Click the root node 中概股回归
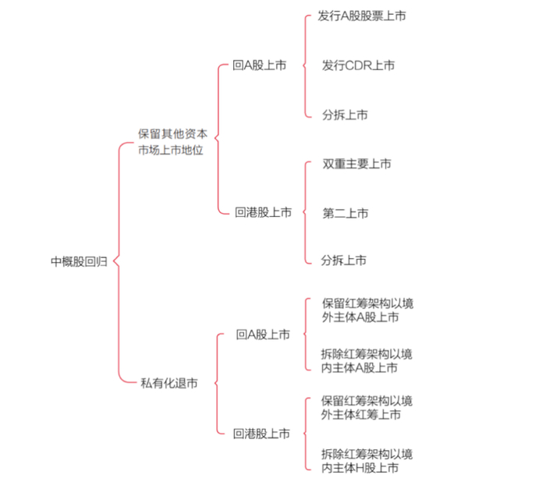[80, 262]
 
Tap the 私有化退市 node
[168, 383]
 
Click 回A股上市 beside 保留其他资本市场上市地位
[259, 66]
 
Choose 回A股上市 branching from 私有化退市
[263, 335]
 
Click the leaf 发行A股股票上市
[362, 16]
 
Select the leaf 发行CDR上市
[358, 66]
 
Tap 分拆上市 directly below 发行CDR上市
[345, 115]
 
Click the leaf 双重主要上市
[356, 164]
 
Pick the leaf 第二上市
[345, 212]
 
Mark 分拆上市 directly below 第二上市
[345, 260]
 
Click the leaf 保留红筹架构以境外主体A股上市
[367, 310]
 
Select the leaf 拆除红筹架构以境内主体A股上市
[367, 360]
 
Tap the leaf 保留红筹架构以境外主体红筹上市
[367, 408]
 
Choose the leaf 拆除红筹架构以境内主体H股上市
[367, 460]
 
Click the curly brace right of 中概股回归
[118, 262]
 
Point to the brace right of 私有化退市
[216, 383]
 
